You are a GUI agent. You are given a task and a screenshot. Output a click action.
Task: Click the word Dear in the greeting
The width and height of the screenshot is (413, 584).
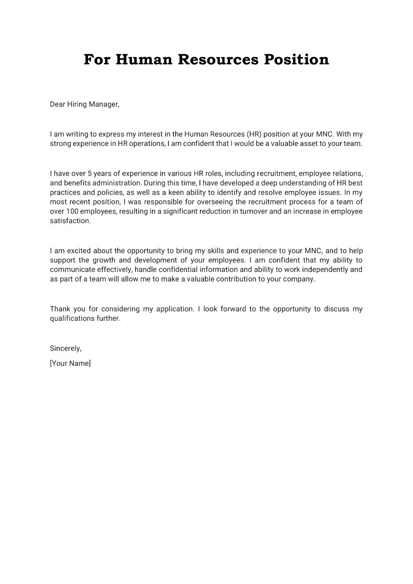58,104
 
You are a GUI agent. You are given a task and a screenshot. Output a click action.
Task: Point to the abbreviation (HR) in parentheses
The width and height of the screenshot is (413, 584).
254,134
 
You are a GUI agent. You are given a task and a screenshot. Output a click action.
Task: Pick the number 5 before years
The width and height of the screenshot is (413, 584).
90,173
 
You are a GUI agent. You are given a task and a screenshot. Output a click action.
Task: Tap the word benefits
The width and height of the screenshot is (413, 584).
77,183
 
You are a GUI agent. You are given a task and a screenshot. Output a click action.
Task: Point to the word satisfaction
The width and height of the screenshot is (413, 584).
70,221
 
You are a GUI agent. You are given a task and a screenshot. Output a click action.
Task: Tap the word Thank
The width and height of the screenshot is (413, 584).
60,309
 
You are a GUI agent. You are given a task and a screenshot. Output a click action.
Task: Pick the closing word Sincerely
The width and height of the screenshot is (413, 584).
66,349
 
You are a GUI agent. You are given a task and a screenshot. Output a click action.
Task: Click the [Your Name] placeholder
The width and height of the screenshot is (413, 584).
70,363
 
